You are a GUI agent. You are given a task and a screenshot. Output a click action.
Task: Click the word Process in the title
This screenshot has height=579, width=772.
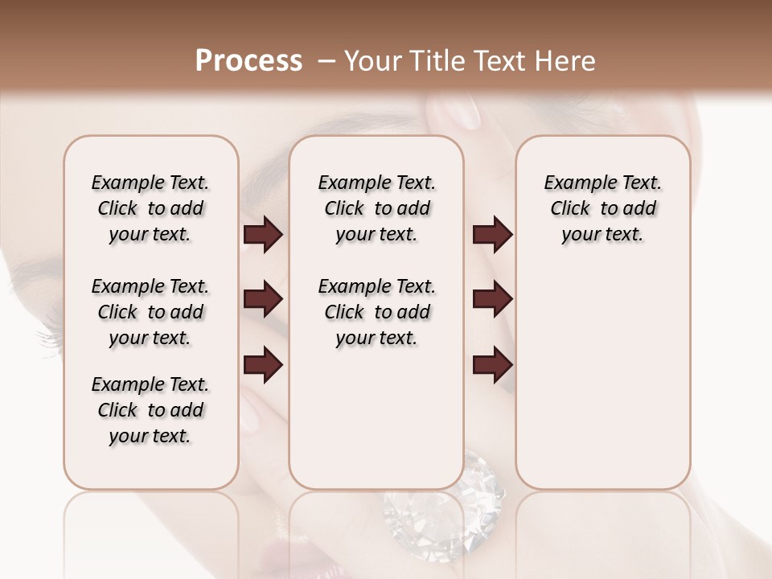click(x=248, y=61)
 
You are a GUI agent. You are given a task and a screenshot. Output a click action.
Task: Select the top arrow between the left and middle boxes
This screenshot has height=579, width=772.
click(x=263, y=235)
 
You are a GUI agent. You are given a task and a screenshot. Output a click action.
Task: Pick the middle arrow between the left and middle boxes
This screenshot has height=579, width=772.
click(x=263, y=300)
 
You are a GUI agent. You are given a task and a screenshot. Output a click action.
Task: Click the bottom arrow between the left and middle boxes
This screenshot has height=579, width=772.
click(x=263, y=364)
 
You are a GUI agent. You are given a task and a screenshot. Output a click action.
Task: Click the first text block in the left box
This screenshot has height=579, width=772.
click(x=150, y=208)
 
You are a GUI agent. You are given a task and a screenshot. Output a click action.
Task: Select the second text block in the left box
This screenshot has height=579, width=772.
click(x=150, y=312)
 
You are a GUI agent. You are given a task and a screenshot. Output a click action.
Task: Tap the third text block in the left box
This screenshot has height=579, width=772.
click(x=150, y=410)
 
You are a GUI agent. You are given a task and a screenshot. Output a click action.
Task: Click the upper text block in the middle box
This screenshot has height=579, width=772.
click(x=376, y=208)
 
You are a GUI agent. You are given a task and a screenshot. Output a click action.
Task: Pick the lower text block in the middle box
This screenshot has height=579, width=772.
click(x=376, y=312)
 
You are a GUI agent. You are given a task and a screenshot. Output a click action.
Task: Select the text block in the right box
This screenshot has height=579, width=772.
click(x=603, y=208)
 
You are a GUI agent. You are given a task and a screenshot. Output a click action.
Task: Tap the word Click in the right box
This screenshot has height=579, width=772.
click(x=570, y=209)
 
